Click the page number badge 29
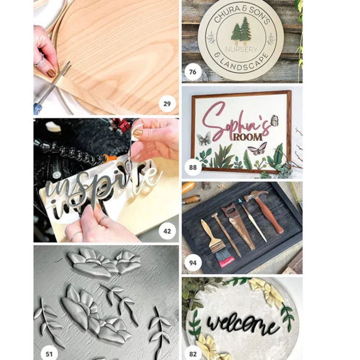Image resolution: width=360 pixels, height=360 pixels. pos(167,104)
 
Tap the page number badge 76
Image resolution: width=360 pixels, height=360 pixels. pos(192,72)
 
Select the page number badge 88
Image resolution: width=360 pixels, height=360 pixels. pos(192,167)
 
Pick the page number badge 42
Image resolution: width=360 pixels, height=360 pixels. pos(167,231)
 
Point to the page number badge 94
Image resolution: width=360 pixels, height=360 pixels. pos(192,263)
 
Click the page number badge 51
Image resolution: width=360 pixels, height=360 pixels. pos(49,354)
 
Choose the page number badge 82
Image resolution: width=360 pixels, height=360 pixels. pos(192,354)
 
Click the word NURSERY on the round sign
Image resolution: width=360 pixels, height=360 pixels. pos(241,49)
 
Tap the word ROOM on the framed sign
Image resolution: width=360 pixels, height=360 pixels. pos(248,137)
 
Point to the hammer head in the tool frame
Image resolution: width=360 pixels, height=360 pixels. pos(255,195)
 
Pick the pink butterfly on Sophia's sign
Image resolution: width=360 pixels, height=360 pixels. pos(258,148)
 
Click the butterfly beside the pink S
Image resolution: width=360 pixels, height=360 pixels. pos(204,138)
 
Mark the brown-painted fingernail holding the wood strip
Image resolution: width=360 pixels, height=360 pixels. pos(51,73)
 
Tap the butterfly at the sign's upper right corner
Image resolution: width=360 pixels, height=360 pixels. pos(275,120)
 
